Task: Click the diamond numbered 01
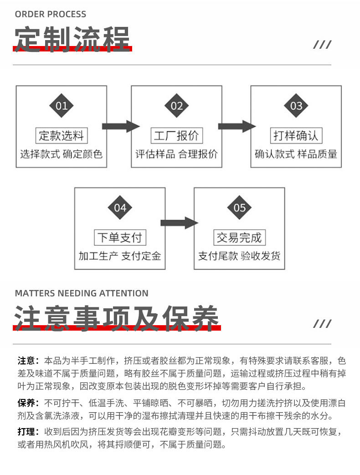pyautogui.click(x=62, y=105)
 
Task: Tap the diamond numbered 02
pyautogui.click(x=176, y=105)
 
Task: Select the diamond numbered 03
pyautogui.click(x=296, y=105)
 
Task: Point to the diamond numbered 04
pyautogui.click(x=120, y=208)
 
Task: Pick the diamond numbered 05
pyautogui.click(x=239, y=208)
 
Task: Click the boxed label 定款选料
pyautogui.click(x=62, y=135)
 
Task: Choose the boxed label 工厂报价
pyautogui.click(x=177, y=135)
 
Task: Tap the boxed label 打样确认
pyautogui.click(x=296, y=135)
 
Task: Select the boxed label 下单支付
pyautogui.click(x=120, y=238)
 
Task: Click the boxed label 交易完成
pyautogui.click(x=239, y=238)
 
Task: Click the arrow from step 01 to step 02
pyautogui.click(x=121, y=126)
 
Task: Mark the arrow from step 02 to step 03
pyautogui.click(x=237, y=126)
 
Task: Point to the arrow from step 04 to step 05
pyautogui.click(x=179, y=223)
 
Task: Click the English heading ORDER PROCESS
pyautogui.click(x=50, y=14)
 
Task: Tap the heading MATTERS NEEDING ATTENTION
pyautogui.click(x=82, y=293)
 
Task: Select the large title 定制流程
pyautogui.click(x=72, y=39)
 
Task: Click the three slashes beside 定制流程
pyautogui.click(x=322, y=45)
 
